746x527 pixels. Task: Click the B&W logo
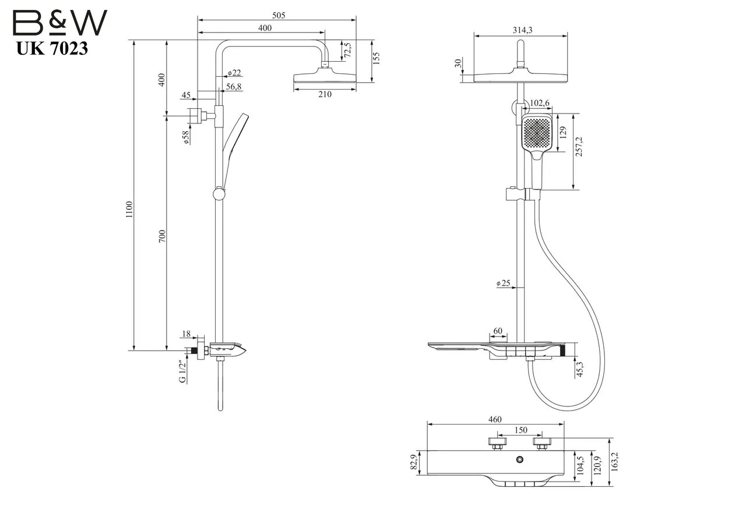coord(60,22)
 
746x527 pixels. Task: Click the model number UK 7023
coord(52,48)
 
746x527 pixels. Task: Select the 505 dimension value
coord(279,15)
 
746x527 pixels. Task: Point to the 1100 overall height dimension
coord(129,209)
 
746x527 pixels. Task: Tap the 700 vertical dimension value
coord(162,236)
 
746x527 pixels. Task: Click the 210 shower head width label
coord(325,94)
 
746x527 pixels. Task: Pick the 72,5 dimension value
coord(347,50)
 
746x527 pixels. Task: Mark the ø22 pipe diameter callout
coord(234,73)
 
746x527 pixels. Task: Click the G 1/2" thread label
coord(182,372)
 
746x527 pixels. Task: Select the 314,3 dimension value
coord(522,30)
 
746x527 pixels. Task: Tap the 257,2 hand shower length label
coord(579,147)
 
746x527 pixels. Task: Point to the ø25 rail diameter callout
coord(503,283)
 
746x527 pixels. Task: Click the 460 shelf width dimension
coord(495,419)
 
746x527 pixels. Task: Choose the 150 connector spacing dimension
coord(521,430)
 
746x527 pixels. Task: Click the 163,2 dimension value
coord(615,462)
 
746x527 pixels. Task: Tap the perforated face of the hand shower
coord(537,134)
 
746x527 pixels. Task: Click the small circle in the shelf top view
coord(519,460)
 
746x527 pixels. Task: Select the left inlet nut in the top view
coord(497,444)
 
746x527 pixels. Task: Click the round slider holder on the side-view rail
coord(219,194)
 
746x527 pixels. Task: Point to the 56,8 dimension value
coord(234,87)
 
